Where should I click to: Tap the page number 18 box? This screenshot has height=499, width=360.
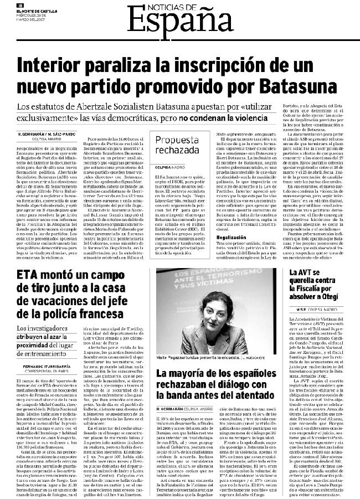pos(19,6)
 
